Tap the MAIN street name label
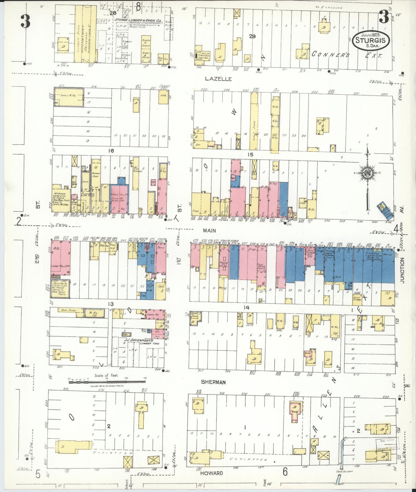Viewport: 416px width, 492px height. tap(209, 230)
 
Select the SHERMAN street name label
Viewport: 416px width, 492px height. tap(213, 382)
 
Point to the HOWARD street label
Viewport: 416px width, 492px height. tap(212, 473)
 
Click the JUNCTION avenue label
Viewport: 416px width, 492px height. tap(402, 270)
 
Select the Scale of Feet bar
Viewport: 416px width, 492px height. tap(107, 382)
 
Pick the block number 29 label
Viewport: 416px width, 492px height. tap(252, 37)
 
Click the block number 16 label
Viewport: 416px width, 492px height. tap(111, 150)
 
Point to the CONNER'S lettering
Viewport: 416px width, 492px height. tap(330, 54)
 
